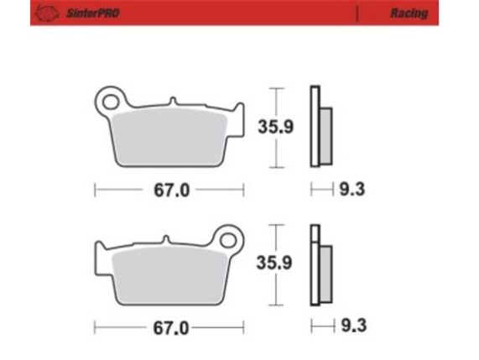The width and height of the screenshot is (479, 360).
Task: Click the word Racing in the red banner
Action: (x=409, y=13)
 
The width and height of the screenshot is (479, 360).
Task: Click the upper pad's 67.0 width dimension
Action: (x=169, y=190)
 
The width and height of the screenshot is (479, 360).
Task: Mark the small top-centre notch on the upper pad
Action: (x=172, y=103)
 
